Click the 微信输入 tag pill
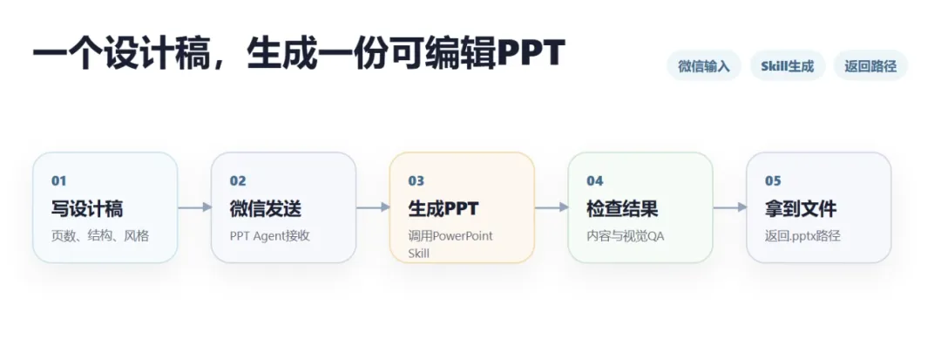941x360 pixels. [704, 66]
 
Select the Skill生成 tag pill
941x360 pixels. [788, 66]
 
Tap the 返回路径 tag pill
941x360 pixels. [870, 66]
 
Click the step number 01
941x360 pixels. [59, 181]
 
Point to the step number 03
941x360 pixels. [416, 181]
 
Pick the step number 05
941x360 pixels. [773, 181]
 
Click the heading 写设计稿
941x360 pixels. [87, 209]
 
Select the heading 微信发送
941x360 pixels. [265, 209]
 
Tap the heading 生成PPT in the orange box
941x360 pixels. [443, 209]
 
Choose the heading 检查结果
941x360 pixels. [622, 209]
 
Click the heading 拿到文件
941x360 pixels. [801, 209]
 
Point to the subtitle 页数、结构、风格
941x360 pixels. [100, 236]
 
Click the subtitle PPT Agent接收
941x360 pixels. [269, 236]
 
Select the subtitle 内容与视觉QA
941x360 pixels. [626, 236]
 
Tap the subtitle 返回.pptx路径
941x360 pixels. [802, 236]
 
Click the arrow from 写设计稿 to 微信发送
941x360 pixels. [195, 207]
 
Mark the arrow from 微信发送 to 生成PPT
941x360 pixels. [373, 207]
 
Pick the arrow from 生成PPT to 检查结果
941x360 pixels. [552, 207]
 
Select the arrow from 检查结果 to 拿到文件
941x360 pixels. [730, 207]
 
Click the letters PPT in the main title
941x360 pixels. [531, 53]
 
